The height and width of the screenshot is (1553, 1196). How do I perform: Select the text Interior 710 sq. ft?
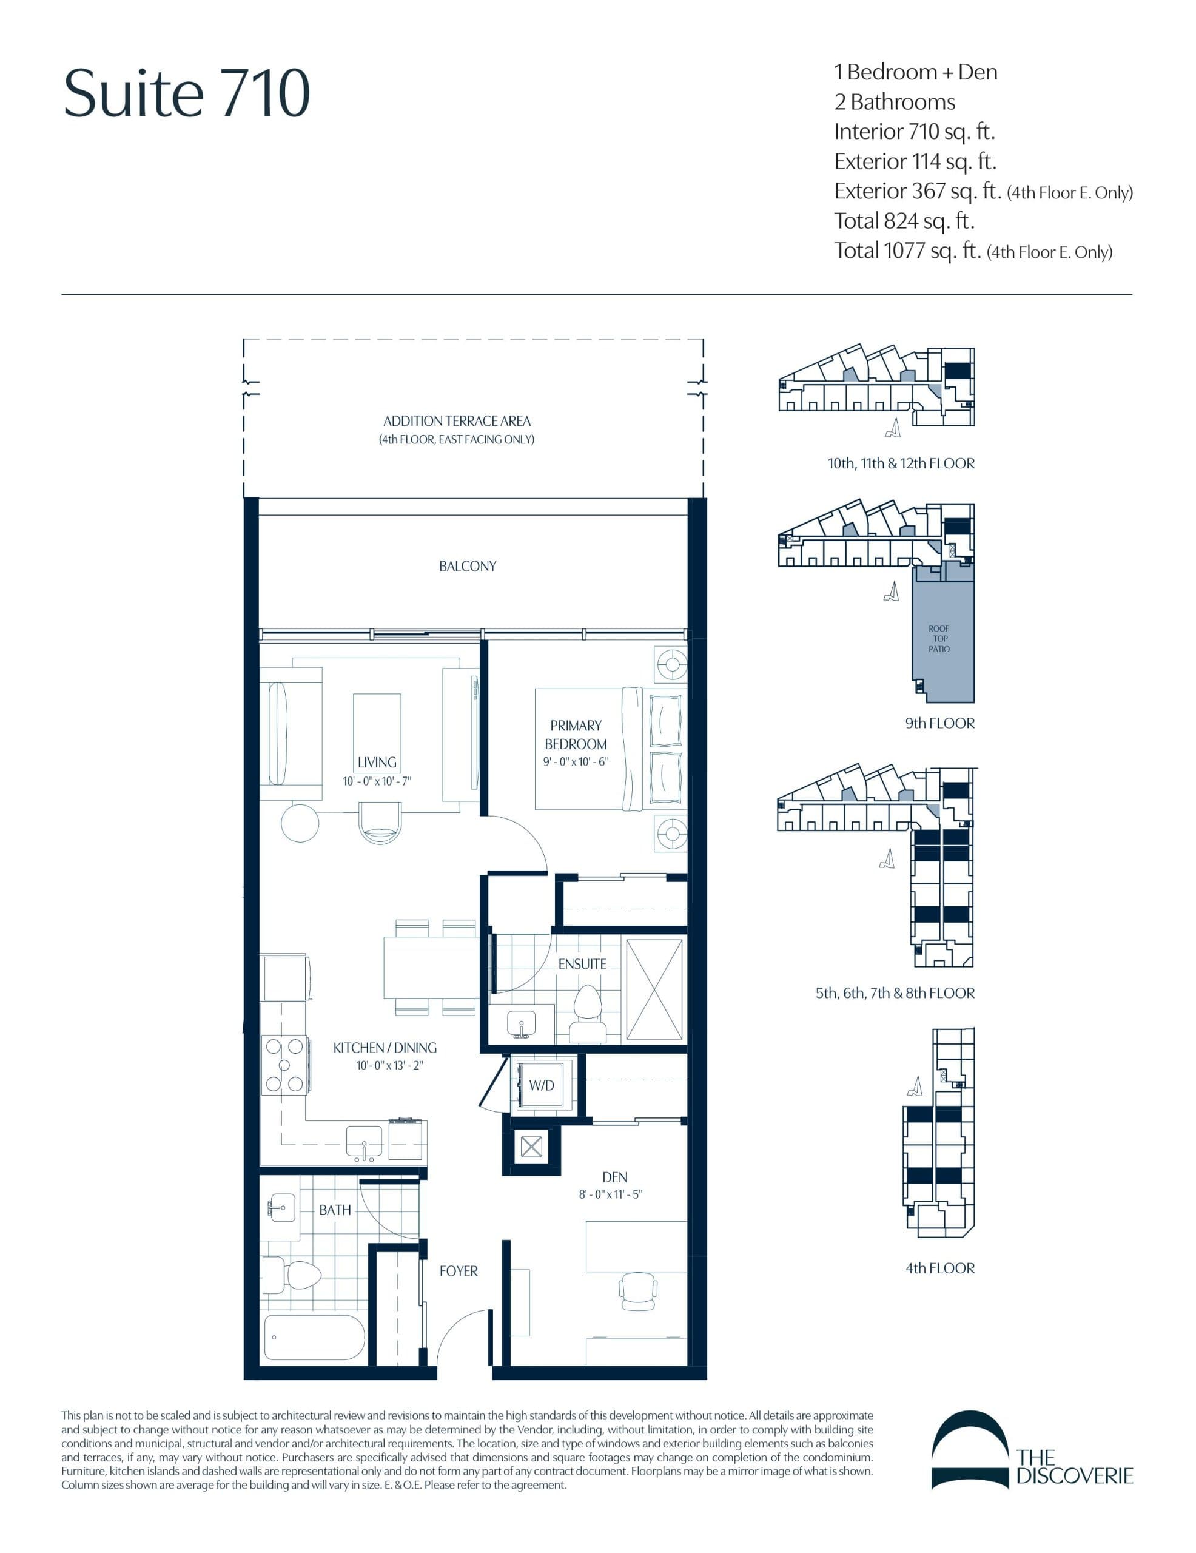(x=914, y=132)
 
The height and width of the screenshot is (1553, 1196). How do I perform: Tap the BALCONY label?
(x=467, y=566)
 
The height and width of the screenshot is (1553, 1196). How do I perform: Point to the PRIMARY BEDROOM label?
(x=575, y=735)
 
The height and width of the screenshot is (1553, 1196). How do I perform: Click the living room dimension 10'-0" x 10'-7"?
(x=377, y=781)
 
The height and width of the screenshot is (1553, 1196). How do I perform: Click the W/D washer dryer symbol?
(x=541, y=1085)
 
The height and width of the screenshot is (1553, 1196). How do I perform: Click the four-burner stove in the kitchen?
(x=284, y=1065)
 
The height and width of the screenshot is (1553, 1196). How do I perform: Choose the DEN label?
(x=614, y=1177)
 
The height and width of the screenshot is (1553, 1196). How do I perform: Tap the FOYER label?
(x=459, y=1271)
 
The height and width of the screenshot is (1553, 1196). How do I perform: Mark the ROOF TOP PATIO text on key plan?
(x=939, y=639)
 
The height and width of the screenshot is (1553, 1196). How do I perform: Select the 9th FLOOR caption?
(x=939, y=723)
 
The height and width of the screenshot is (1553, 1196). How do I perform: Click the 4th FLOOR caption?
(x=939, y=1268)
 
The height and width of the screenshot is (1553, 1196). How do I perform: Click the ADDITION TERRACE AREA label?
(x=457, y=421)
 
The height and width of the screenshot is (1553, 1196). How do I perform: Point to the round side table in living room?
(x=300, y=823)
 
